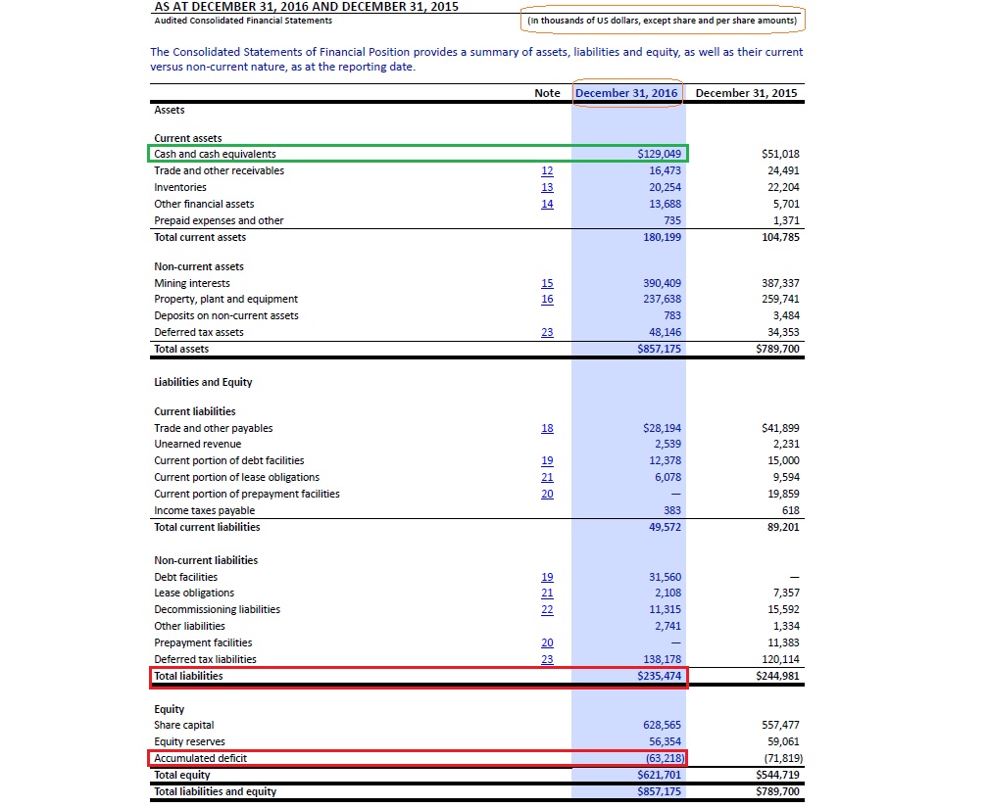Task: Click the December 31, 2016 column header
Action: pos(627,93)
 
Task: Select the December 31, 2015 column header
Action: pos(746,93)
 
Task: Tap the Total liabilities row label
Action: pos(188,676)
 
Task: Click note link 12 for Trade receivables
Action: pos(547,170)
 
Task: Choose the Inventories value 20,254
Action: pos(662,187)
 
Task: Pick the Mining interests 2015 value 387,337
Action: pos(779,283)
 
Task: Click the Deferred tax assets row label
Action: pos(199,332)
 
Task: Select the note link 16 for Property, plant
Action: pos(547,299)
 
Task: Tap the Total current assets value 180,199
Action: pos(662,237)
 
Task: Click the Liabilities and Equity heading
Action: pos(203,382)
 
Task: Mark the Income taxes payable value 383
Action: pos(671,510)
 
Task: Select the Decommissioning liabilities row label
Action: pos(217,609)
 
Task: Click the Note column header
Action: pos(547,93)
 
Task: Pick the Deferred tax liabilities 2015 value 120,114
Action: pos(779,659)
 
